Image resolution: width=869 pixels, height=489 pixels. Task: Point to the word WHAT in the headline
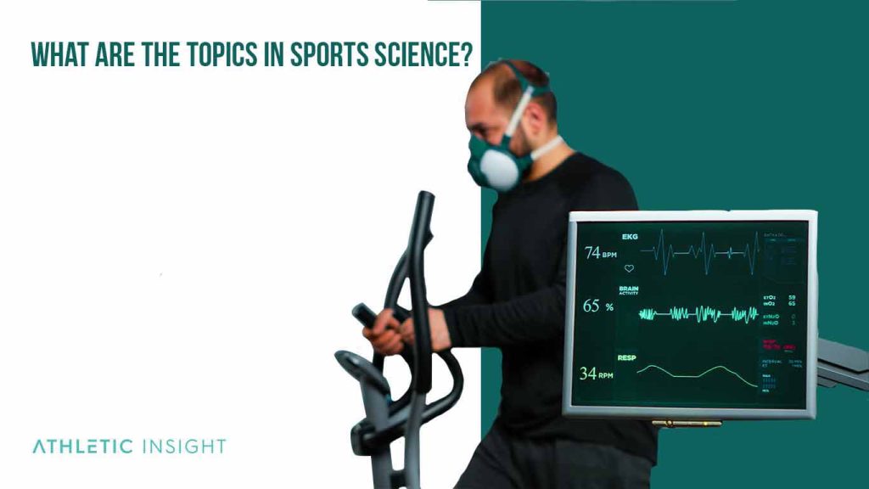click(59, 53)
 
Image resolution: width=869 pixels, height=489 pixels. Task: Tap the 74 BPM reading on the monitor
click(600, 253)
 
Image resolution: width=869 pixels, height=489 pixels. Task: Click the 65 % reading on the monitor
click(597, 306)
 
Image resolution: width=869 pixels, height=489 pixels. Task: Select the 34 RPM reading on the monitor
click(597, 374)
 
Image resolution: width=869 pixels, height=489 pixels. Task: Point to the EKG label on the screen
click(631, 237)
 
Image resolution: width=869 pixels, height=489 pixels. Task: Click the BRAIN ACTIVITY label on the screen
click(629, 290)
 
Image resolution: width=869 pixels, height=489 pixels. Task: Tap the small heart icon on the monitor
click(629, 268)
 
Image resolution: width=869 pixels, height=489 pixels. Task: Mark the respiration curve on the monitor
click(696, 374)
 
